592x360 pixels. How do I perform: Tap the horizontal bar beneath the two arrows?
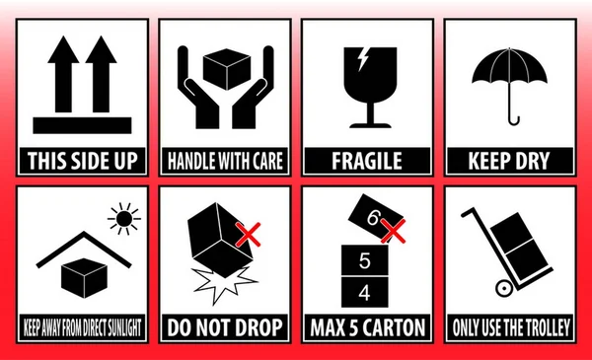[x=82, y=125]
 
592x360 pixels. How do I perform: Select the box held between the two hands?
[x=227, y=69]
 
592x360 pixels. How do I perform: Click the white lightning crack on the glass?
[x=363, y=59]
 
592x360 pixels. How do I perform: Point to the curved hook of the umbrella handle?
[x=514, y=120]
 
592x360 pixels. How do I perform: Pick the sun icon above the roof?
[x=124, y=219]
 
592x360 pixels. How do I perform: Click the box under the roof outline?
[x=84, y=278]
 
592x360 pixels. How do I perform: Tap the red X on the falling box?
[x=248, y=235]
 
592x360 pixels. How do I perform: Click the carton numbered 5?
[x=365, y=260]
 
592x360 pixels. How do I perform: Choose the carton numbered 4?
[x=365, y=292]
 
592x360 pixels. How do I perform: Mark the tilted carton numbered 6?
[x=376, y=216]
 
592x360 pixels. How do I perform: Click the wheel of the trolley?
[x=504, y=289]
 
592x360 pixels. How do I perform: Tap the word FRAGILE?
[x=367, y=161]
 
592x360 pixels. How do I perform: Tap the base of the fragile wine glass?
[x=370, y=125]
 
